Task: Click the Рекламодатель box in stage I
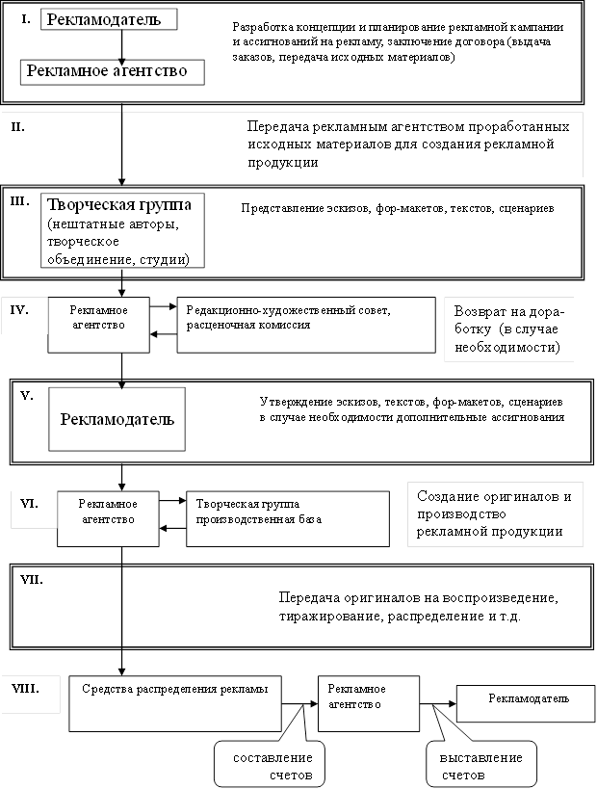(108, 19)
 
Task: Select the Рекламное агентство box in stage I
(117, 70)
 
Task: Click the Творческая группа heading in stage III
(119, 205)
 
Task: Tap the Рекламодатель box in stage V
(117, 419)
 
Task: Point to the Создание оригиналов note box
(495, 513)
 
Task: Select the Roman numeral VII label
(32, 581)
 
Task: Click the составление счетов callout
(269, 765)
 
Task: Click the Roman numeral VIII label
(26, 690)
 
